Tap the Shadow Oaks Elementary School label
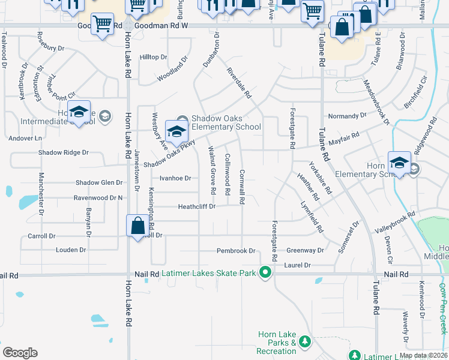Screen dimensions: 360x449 [226, 122]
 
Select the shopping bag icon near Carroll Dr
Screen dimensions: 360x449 [137, 226]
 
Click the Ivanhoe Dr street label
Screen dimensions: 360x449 [175, 178]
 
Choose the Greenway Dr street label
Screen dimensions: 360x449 [305, 250]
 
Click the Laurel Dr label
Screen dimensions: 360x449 [298, 265]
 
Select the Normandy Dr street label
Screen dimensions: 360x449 [347, 116]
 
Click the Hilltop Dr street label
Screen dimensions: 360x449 [153, 57]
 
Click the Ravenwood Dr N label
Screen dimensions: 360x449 [98, 197]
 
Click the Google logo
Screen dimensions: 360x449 [20, 353]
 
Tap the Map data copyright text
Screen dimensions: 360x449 [423, 355]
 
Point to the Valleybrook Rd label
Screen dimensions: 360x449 [395, 222]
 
